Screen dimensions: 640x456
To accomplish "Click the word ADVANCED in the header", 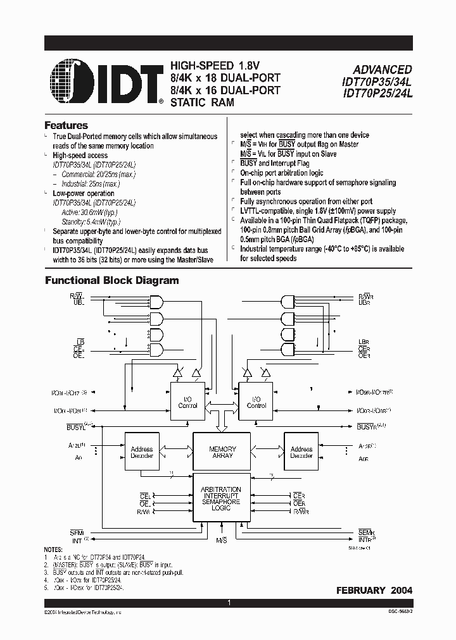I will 382,70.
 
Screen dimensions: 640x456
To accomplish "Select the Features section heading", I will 66,125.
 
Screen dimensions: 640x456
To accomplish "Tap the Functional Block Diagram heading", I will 111,280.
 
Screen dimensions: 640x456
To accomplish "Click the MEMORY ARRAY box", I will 222,452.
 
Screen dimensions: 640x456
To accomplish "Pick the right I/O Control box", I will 256,402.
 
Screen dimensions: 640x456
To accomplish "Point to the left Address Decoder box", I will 142,452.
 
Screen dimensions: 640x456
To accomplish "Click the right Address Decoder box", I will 301,452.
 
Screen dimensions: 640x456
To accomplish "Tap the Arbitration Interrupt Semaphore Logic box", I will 220,498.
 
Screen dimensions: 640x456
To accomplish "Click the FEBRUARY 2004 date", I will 374,590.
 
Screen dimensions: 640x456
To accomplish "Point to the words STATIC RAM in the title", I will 202,102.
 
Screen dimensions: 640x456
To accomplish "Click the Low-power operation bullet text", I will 84,194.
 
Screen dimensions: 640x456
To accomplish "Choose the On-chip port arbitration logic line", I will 282,173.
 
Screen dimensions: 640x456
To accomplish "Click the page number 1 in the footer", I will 230,604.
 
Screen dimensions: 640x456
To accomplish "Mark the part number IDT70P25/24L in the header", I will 377,94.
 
